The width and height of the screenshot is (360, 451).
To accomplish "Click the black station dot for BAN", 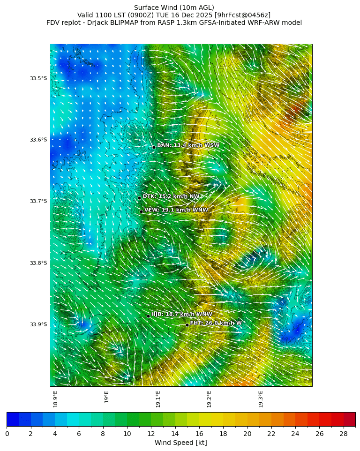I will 153,147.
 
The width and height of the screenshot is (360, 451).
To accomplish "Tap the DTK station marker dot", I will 139,198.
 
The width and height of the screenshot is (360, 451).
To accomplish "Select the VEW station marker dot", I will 141,211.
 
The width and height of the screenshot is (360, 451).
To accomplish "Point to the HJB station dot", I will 148,316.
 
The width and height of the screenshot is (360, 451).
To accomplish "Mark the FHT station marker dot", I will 187,325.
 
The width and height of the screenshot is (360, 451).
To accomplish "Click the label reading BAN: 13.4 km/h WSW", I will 188,145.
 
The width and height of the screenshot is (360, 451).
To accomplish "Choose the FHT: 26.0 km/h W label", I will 216,323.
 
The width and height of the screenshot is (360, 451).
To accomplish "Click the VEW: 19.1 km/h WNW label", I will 176,210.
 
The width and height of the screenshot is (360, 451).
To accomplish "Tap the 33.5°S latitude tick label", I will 38,78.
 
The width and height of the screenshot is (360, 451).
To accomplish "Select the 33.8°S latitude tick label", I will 38,263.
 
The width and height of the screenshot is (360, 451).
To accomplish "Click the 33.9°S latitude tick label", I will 38,324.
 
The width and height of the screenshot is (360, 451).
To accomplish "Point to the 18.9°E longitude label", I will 55,399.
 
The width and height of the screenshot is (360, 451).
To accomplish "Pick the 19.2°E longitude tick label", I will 209,399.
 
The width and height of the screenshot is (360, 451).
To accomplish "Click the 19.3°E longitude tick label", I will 261,399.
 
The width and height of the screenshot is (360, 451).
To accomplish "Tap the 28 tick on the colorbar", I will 343,434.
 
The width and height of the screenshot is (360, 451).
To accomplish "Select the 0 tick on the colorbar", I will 7,434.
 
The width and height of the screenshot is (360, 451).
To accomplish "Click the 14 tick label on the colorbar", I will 175,434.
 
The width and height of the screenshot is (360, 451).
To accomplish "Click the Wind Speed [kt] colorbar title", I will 180,443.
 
